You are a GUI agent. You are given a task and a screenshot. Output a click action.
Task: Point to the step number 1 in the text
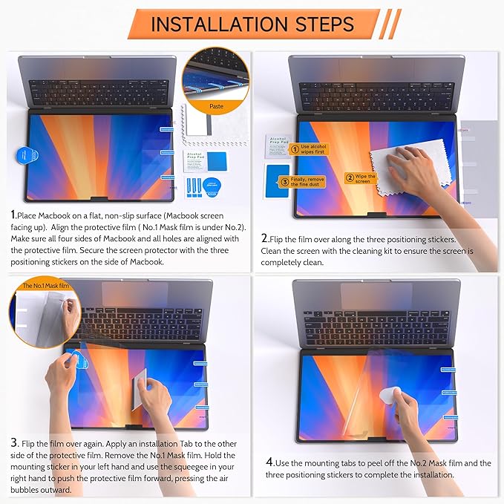[x=13, y=215]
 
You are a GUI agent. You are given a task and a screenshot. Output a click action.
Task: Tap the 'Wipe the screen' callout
[x=362, y=178]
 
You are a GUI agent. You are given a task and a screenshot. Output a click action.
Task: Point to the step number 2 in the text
[x=264, y=239]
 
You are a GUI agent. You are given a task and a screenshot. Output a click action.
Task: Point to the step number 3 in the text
[x=14, y=442]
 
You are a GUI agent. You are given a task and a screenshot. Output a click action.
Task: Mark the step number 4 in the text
[x=269, y=462]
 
